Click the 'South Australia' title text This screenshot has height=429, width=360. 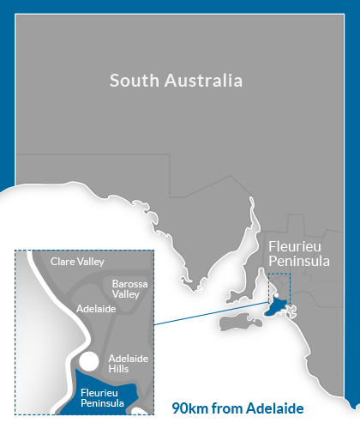tap(177, 82)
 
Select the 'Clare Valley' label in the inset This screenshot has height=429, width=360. tap(78, 262)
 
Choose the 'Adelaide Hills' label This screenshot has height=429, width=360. tap(129, 363)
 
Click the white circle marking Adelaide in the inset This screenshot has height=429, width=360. tap(88, 360)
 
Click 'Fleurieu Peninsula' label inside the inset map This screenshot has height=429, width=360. tap(104, 396)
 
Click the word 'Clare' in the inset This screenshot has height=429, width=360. tap(64, 262)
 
